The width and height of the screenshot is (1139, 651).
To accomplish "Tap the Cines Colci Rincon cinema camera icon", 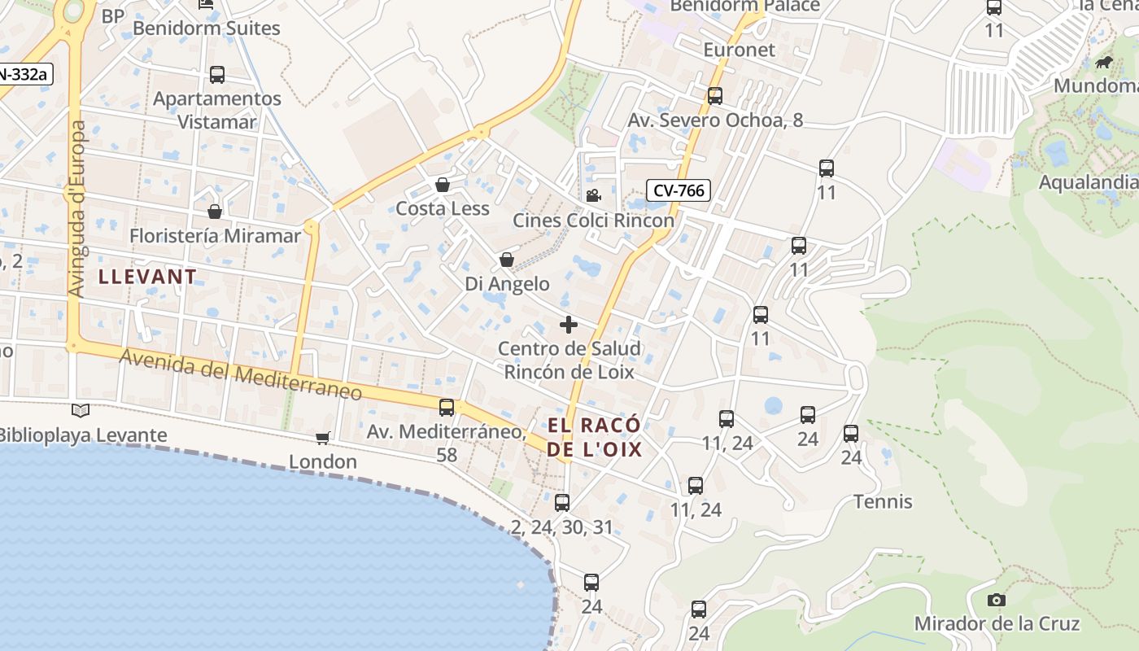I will click(x=593, y=195).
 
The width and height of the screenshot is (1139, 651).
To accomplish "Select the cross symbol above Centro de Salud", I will click(x=569, y=325).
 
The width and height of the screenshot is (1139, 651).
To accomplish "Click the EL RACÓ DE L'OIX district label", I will click(x=594, y=438).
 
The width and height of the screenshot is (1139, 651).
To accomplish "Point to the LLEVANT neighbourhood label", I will click(x=147, y=277).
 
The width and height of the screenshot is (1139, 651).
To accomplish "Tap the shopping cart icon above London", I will click(x=323, y=438).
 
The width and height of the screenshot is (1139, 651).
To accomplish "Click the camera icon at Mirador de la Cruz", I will click(x=996, y=601).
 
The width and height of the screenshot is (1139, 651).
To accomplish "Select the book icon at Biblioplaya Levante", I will click(x=80, y=411).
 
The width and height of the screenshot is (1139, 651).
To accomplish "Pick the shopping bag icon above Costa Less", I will click(x=443, y=185).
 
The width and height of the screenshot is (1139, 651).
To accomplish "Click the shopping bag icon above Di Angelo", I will click(x=507, y=260).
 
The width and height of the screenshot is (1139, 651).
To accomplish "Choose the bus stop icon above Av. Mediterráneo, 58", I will click(x=447, y=408).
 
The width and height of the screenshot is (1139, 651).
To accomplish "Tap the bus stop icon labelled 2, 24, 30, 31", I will click(x=562, y=503).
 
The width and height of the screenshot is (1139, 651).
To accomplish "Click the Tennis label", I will click(x=883, y=501).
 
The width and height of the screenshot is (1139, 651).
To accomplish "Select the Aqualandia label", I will click(x=1088, y=181).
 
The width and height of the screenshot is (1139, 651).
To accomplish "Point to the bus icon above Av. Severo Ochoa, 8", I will click(x=715, y=96).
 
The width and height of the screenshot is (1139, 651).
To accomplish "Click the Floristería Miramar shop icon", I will click(x=215, y=212).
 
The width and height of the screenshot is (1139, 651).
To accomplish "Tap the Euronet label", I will click(x=739, y=50).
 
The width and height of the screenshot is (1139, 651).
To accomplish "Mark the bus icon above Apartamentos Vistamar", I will click(x=217, y=75).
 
